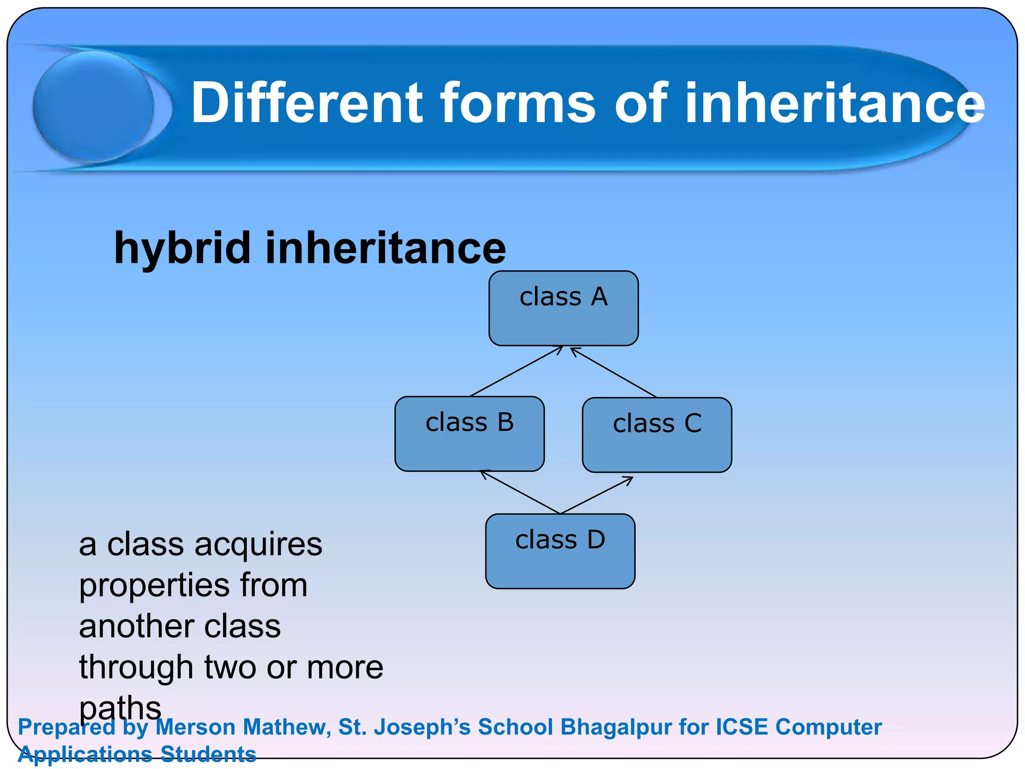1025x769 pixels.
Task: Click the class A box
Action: (x=564, y=308)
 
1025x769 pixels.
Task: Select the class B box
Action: (x=469, y=434)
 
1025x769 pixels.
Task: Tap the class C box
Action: (x=657, y=435)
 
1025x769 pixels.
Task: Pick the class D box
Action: (x=560, y=551)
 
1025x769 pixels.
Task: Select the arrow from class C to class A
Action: (x=614, y=372)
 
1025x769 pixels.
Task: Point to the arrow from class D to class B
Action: (x=521, y=492)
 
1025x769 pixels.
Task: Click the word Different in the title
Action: (x=307, y=103)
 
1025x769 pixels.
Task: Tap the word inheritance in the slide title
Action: (x=834, y=103)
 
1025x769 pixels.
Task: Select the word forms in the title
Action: (x=518, y=103)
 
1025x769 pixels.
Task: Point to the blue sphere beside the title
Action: (x=94, y=106)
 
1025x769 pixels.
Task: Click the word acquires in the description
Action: (x=258, y=545)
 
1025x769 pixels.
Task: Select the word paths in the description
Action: (x=120, y=708)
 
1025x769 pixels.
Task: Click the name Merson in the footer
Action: (x=195, y=727)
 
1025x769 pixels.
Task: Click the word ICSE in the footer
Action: (x=742, y=727)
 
